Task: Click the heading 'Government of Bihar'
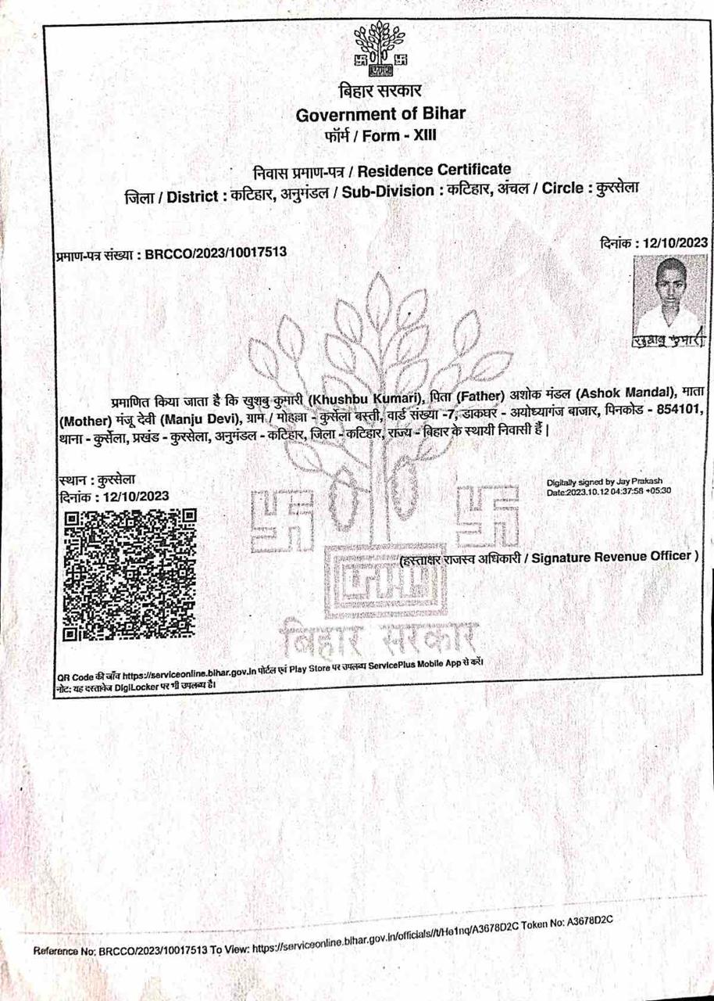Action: click(380, 114)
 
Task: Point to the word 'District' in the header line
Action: click(191, 195)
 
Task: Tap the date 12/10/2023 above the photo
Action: click(673, 242)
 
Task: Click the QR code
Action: click(130, 574)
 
